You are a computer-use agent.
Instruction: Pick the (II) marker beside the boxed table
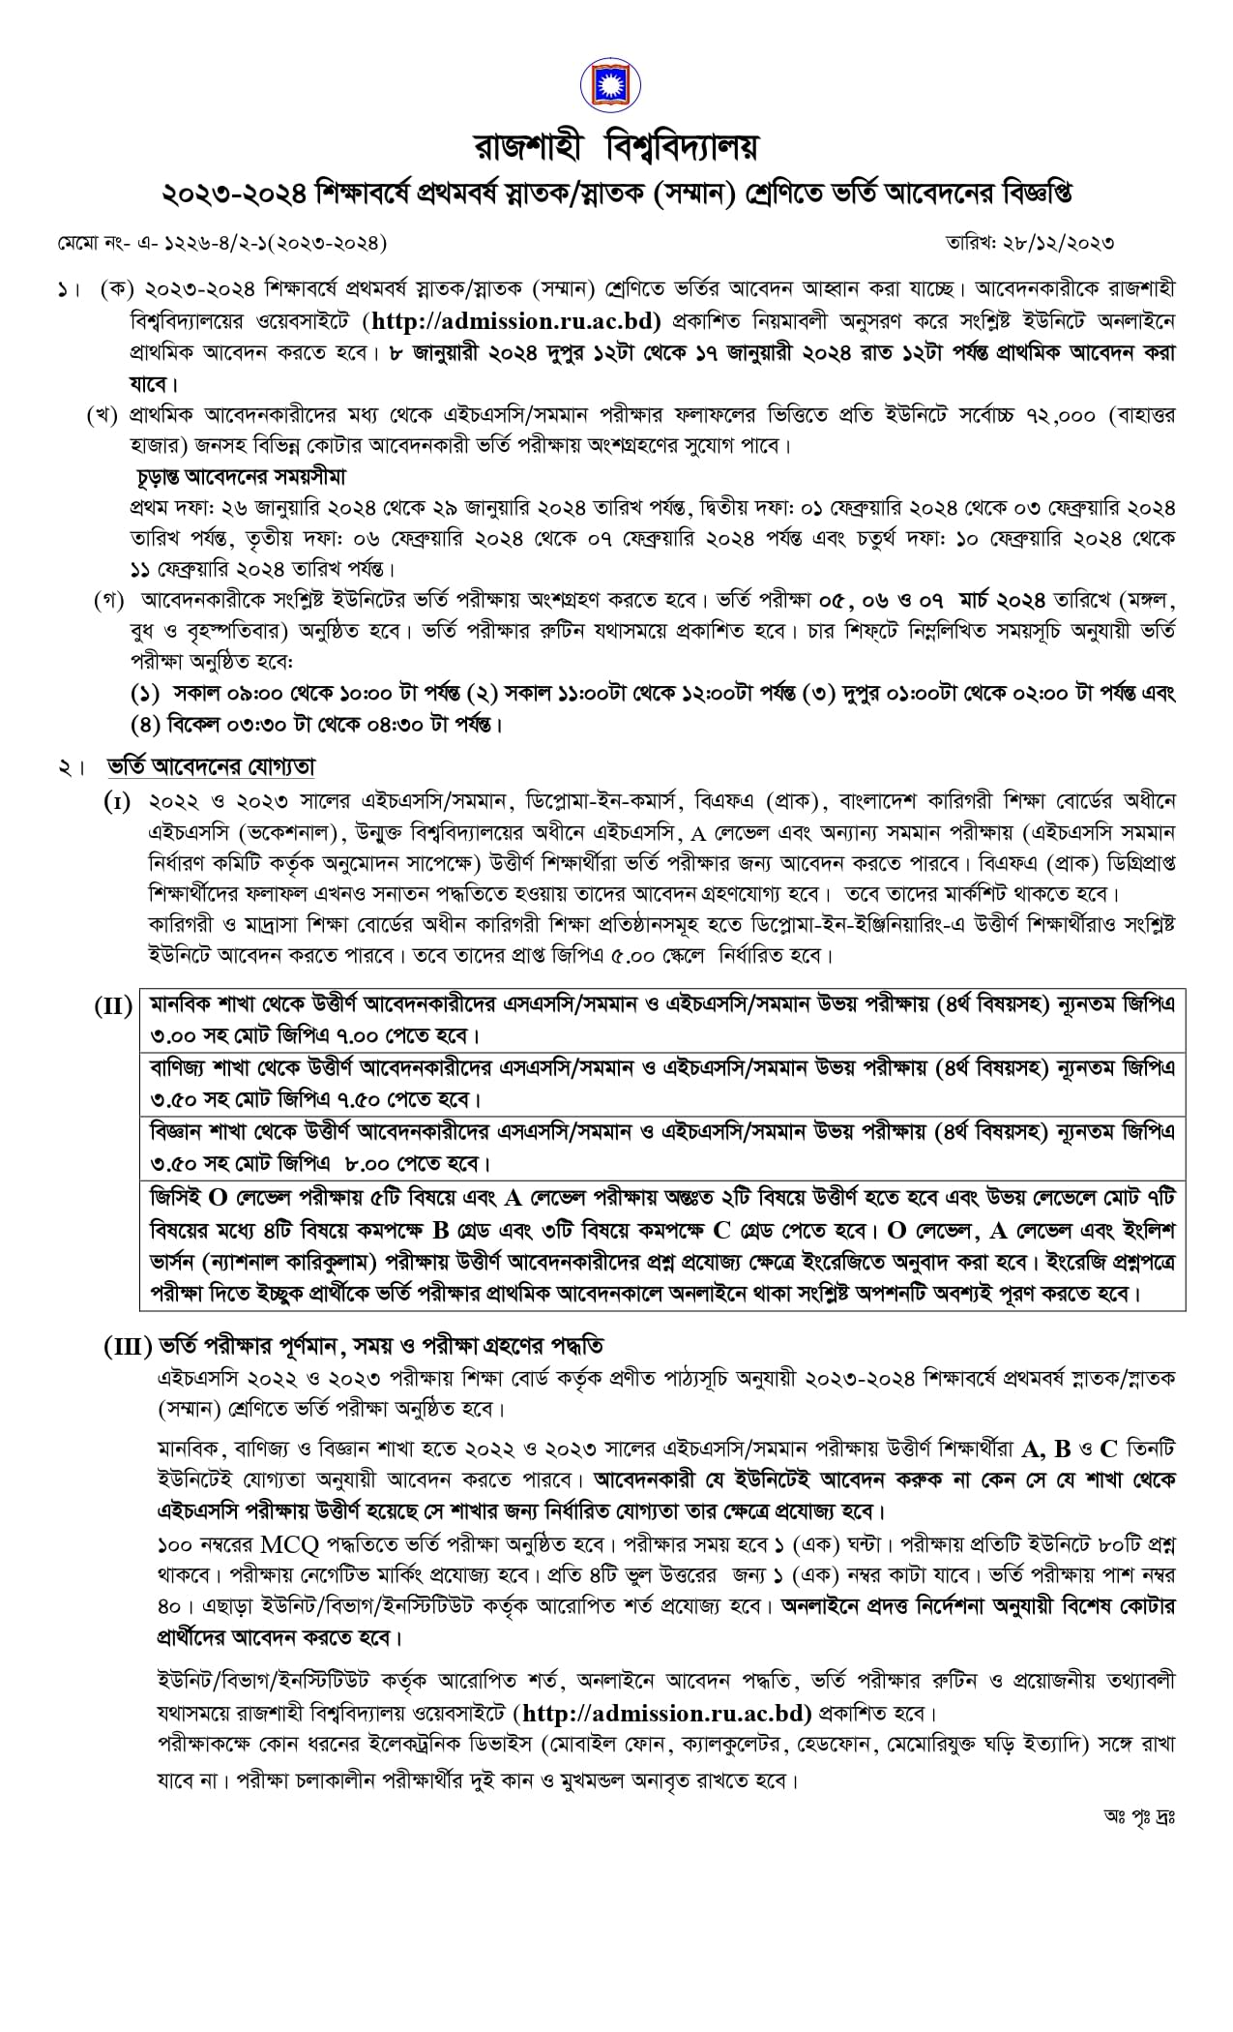(113, 1005)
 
